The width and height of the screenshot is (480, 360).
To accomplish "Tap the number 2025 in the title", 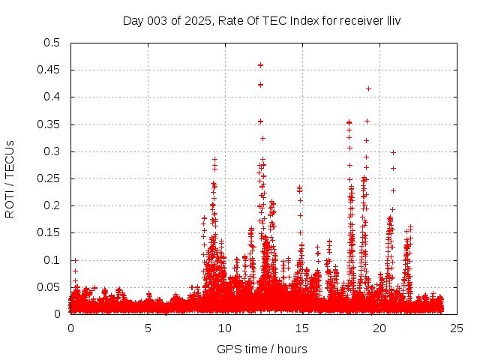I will point(200,20).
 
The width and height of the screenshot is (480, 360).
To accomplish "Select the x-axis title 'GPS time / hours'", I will point(262,349).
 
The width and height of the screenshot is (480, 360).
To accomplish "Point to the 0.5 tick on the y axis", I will point(52,43).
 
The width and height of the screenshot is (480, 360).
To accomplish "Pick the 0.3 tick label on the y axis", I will point(52,151).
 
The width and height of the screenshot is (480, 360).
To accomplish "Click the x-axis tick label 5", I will point(148,328).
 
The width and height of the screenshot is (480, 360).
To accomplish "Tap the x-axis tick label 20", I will point(379,328).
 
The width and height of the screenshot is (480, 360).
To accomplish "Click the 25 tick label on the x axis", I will point(457,328).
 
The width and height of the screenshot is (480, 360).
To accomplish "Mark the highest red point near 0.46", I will point(260,65).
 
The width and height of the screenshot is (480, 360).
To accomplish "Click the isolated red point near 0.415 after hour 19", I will point(368,88).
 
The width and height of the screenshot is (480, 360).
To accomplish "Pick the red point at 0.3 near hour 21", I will point(393,152).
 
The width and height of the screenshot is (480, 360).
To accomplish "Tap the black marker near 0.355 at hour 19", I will point(367,121).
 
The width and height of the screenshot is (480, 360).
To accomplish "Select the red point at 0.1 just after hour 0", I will point(75,260).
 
